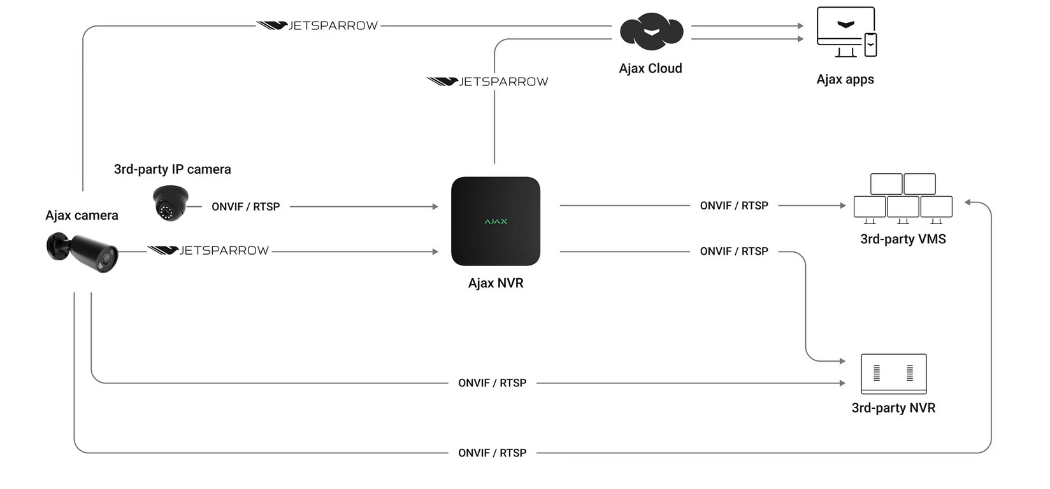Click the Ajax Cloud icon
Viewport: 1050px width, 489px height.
651,31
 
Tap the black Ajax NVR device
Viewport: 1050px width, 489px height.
496,221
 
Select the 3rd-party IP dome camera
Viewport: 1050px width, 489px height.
170,203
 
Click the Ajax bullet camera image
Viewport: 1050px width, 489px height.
82,252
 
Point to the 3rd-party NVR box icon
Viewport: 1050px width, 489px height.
894,374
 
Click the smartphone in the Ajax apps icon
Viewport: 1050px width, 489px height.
870,45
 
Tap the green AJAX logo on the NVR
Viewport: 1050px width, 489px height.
496,222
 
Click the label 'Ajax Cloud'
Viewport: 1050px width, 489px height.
650,68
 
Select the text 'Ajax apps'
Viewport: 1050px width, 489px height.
845,80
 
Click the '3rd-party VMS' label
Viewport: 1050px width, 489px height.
903,239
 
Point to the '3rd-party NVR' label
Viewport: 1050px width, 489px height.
893,407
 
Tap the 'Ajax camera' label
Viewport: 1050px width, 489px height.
82,215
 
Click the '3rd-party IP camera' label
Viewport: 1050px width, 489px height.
173,169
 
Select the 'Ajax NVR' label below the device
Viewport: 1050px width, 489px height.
496,283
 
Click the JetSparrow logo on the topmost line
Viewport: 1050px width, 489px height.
317,25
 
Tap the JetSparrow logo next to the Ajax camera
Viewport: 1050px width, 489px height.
208,251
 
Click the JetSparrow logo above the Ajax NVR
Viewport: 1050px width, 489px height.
487,81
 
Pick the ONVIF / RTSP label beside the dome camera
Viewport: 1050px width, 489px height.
246,206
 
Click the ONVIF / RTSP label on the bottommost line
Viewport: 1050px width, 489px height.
492,453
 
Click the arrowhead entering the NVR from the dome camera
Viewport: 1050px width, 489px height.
435,206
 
